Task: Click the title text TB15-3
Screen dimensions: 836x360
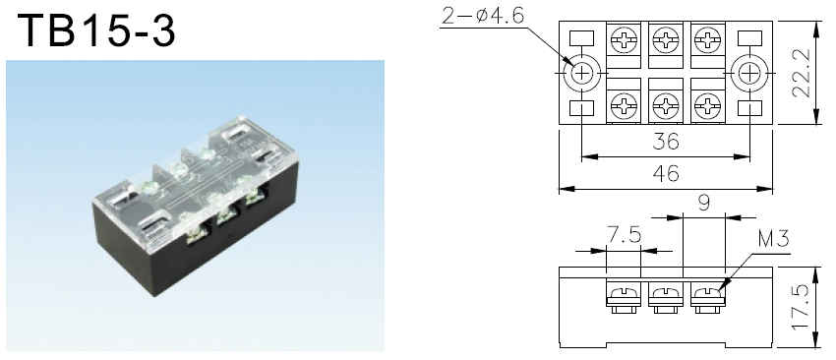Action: point(96,30)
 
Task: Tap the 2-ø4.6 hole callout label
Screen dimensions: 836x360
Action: point(483,16)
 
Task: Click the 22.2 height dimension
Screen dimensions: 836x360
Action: point(802,73)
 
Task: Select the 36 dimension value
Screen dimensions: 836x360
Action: point(666,142)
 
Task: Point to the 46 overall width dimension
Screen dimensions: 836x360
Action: point(666,173)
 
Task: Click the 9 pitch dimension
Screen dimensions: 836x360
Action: point(704,204)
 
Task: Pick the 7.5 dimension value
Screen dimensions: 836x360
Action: point(624,235)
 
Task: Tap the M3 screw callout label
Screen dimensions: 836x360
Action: point(772,239)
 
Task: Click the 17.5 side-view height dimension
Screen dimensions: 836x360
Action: point(802,307)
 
